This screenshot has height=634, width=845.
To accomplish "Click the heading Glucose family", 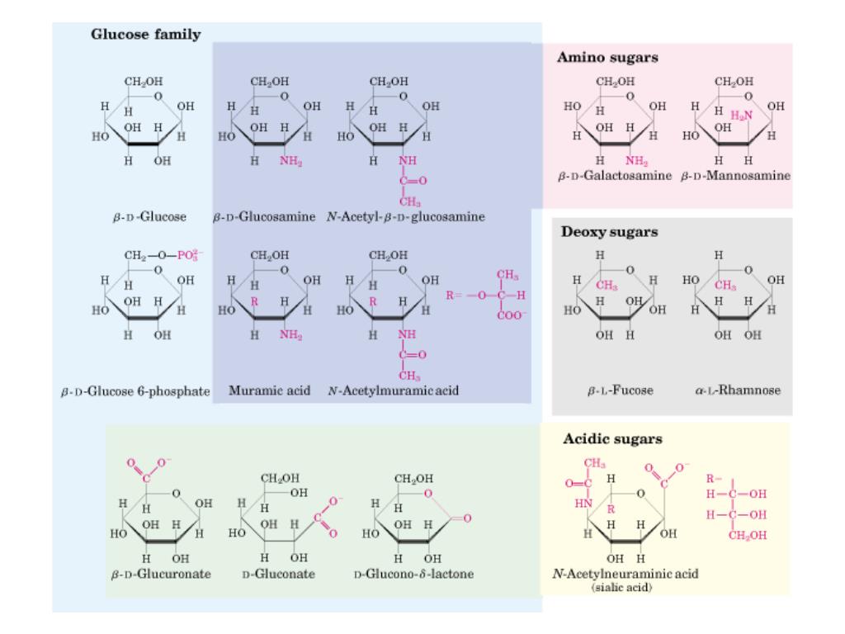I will tap(145, 35).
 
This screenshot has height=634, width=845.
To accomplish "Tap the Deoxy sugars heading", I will tap(609, 232).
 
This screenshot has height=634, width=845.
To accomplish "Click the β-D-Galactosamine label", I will tap(616, 177).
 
